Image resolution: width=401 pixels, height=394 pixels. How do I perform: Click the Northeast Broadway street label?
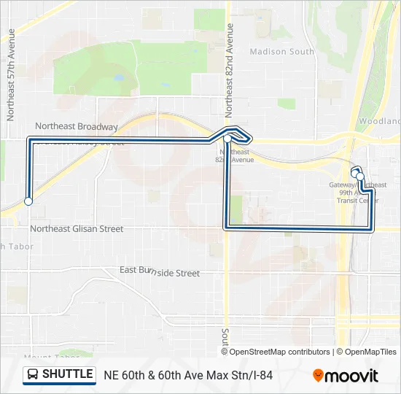pos(76,126)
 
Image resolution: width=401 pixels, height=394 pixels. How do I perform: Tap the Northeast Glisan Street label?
pos(77,228)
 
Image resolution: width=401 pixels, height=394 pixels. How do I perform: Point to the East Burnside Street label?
pos(159,272)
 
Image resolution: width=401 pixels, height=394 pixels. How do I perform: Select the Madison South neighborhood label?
pos(281,52)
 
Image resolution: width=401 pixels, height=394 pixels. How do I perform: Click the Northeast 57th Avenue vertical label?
pos(11,75)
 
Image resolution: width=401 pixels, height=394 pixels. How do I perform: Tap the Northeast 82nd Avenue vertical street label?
pos(229,70)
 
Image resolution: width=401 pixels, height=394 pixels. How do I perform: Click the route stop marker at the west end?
pos(28,201)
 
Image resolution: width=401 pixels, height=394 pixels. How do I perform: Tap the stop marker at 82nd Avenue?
pos(227,139)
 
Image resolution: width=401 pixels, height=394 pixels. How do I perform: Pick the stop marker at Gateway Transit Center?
pos(359,176)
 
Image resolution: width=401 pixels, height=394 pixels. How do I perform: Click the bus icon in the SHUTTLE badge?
pos(33,375)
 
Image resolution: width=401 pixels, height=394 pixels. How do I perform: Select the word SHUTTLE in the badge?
pos(68,374)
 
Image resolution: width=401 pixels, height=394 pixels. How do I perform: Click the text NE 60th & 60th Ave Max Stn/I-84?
pos(188,375)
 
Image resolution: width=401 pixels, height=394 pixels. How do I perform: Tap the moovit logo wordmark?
pos(351,376)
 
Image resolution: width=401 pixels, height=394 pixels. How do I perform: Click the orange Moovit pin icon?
pos(319,375)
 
